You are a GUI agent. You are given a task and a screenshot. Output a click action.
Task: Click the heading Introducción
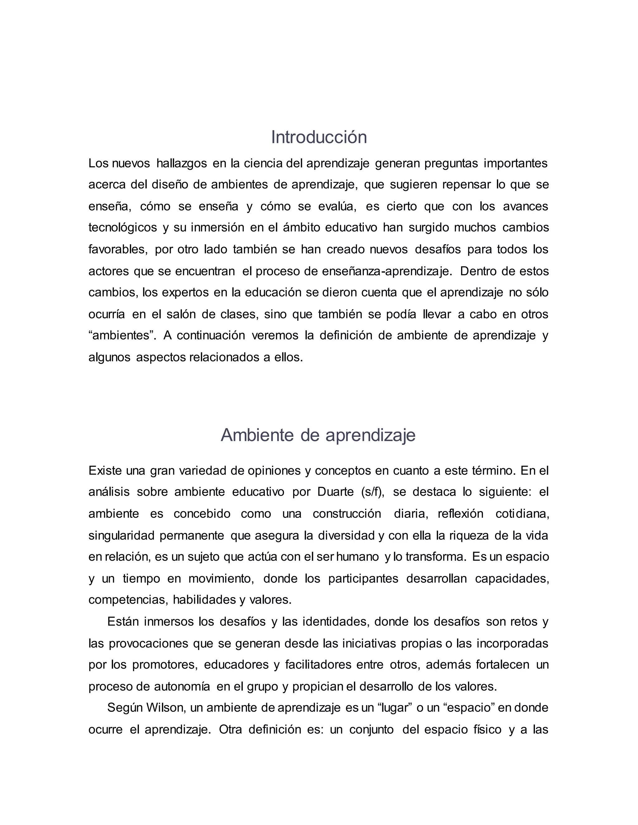319,137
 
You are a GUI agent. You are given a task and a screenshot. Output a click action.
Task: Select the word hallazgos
181,163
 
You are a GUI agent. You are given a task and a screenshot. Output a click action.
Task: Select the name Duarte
335,492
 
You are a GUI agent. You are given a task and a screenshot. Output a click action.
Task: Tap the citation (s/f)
373,492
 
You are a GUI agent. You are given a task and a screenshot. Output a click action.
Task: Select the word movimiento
221,578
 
